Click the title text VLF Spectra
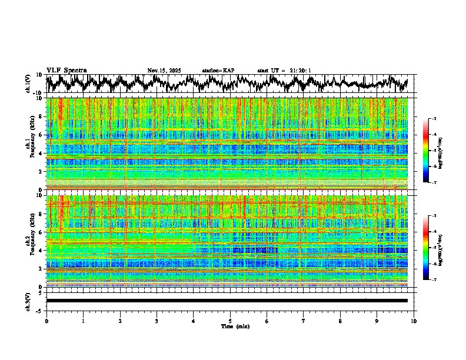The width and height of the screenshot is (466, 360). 66,70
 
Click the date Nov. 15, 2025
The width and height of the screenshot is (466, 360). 164,71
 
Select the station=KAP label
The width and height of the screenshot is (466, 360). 218,71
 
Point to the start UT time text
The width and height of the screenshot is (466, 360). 284,71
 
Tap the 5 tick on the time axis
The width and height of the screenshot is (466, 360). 230,321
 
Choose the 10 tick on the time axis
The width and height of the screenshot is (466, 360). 414,321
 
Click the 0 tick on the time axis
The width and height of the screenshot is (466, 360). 46,321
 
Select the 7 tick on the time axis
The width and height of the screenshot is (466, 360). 304,321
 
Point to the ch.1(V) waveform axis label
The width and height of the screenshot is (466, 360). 28,84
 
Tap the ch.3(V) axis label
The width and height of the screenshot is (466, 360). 28,301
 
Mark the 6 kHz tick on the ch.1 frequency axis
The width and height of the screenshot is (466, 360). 41,135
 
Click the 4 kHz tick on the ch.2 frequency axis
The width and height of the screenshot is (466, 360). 41,250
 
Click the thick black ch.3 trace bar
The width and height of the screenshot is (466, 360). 227,301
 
